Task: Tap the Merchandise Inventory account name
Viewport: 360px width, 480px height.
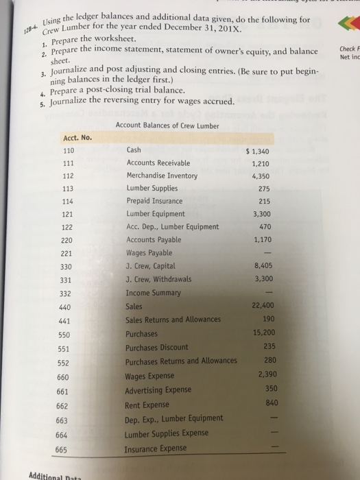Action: click(x=162, y=176)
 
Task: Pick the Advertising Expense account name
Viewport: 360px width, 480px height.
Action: click(x=158, y=389)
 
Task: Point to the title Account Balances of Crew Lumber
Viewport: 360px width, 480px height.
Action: click(x=167, y=126)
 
